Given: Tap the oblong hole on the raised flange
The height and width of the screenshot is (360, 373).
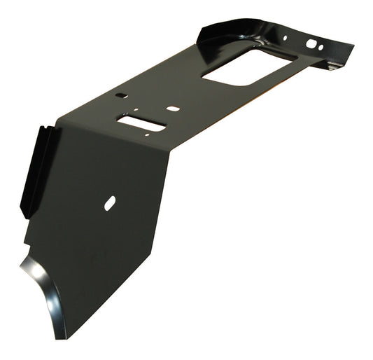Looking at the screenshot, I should [x=311, y=43].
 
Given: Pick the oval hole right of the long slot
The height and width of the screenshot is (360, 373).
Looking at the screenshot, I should [x=171, y=109].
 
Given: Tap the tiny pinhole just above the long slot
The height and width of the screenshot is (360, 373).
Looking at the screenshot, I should [x=135, y=110].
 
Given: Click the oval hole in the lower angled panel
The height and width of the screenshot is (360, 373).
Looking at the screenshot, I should [x=110, y=203].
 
